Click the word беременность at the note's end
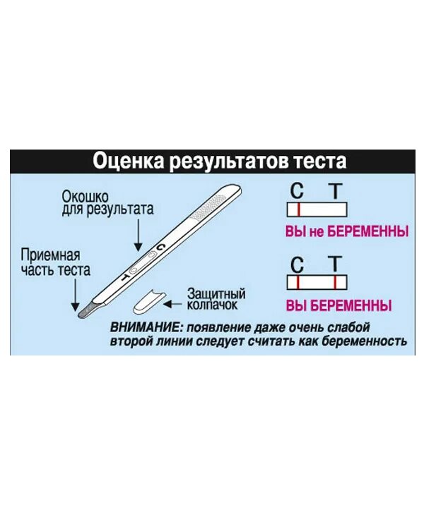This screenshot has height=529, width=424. pos(361,341)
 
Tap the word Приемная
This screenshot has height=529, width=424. pos(50,254)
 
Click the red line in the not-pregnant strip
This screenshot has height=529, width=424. pos(299,210)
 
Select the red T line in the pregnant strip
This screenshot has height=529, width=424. pos(334,282)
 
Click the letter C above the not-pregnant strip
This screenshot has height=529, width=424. pos(298,190)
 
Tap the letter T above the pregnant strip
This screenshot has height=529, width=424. pos(334,263)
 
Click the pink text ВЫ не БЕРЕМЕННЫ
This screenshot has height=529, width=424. pos(338,230)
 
